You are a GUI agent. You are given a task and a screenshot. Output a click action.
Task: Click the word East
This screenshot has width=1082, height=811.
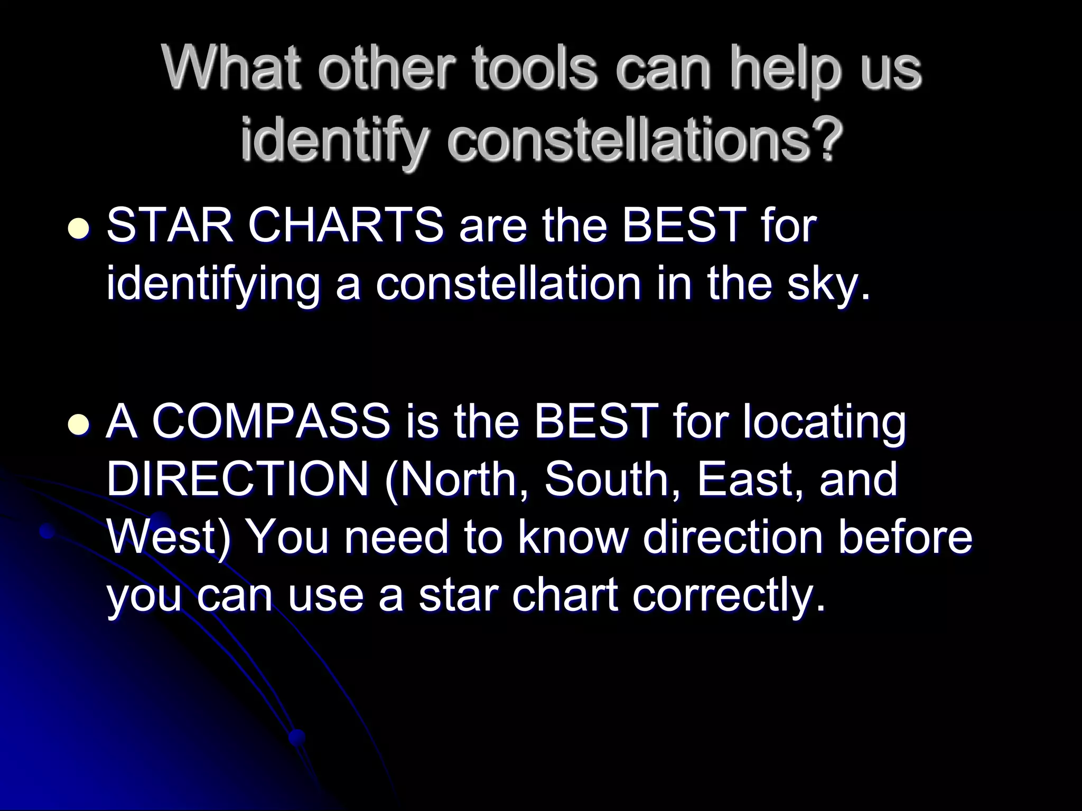(x=751, y=480)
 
